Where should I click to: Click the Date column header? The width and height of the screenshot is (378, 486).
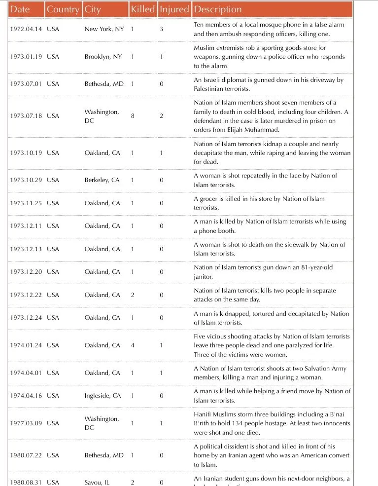[x=20, y=9]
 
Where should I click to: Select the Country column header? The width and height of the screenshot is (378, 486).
[x=63, y=9]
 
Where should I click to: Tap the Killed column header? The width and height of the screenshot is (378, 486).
[x=142, y=9]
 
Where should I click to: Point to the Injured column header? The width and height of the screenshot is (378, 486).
[x=174, y=9]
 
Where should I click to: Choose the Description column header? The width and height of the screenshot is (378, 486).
[x=218, y=9]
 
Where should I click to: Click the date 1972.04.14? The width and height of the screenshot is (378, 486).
[x=26, y=29]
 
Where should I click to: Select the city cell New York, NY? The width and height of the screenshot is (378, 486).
[x=104, y=29]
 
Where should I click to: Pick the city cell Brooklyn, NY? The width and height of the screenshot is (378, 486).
[x=103, y=57]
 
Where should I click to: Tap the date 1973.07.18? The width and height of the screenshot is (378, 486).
[x=26, y=116]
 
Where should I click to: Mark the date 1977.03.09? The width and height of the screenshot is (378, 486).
[x=26, y=423]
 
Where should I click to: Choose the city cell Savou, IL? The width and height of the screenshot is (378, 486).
[x=97, y=483]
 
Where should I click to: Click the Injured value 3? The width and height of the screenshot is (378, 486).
[x=162, y=29]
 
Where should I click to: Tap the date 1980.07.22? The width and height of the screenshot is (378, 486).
[x=26, y=455]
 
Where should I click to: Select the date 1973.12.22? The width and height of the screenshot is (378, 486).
[x=26, y=295]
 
